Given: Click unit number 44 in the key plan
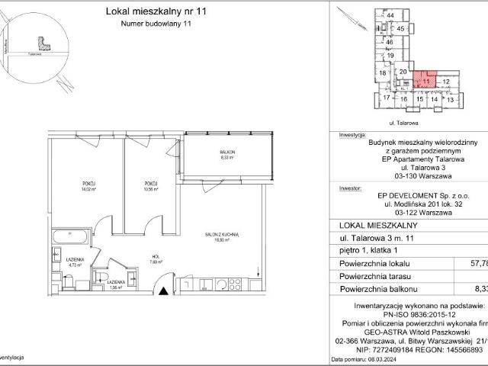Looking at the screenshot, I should [x=390, y=15].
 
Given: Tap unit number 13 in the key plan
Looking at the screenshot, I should [x=450, y=99].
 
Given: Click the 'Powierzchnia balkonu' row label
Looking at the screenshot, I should [x=376, y=289].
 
